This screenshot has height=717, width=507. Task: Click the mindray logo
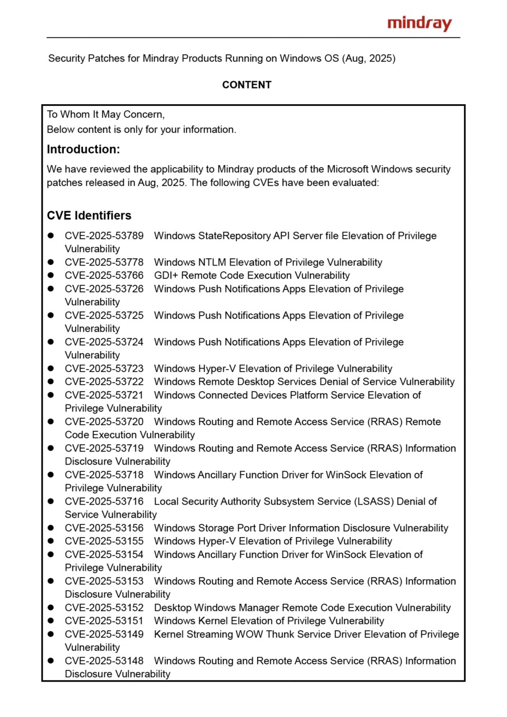[x=419, y=24]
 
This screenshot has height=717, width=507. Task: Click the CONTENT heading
[x=246, y=85]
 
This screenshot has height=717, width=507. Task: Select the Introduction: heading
[x=83, y=150]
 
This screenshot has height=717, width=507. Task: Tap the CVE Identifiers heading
[x=89, y=216]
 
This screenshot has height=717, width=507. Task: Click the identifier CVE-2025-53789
[x=104, y=236]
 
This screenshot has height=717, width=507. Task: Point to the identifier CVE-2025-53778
[x=104, y=262]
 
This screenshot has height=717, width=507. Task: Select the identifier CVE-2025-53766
[x=104, y=276]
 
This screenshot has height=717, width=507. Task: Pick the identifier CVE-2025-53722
[x=104, y=382]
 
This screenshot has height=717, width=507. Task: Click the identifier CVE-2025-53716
[x=104, y=501]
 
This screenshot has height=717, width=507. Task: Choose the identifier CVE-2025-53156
[x=104, y=528]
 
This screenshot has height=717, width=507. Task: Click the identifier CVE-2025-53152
[x=104, y=608]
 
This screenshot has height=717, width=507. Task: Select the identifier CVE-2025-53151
[x=104, y=621]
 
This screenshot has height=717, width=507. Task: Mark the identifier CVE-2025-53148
[x=104, y=661]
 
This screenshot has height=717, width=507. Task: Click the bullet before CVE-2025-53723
[x=50, y=369]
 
